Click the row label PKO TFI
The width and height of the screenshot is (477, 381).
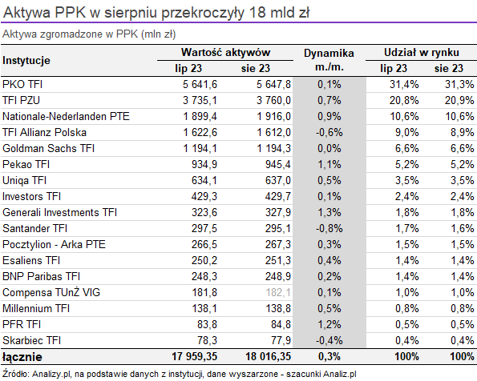(22, 84)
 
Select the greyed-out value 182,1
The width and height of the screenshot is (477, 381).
(278, 292)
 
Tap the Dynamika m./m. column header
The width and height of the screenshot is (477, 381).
(329, 60)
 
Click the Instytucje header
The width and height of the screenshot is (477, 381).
(26, 60)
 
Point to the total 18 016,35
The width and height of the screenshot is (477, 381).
(269, 356)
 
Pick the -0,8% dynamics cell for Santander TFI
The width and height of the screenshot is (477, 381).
(329, 228)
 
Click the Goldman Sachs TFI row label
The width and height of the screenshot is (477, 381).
(48, 148)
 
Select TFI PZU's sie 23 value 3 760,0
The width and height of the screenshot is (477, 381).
(273, 100)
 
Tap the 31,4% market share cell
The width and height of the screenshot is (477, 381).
(404, 84)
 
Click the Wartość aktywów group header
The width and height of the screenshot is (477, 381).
(225, 52)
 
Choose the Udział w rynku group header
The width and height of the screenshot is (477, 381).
(422, 52)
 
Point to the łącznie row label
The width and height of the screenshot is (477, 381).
(22, 357)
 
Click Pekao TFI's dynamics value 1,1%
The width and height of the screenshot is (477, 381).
(329, 164)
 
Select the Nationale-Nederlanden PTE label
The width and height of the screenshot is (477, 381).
(66, 116)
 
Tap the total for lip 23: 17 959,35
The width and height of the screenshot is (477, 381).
(194, 356)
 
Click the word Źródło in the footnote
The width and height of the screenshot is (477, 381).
(15, 374)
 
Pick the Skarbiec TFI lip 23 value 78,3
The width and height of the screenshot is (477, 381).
(207, 340)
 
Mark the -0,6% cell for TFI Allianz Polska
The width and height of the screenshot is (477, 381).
(329, 132)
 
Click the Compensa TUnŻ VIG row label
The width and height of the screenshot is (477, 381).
(51, 292)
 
